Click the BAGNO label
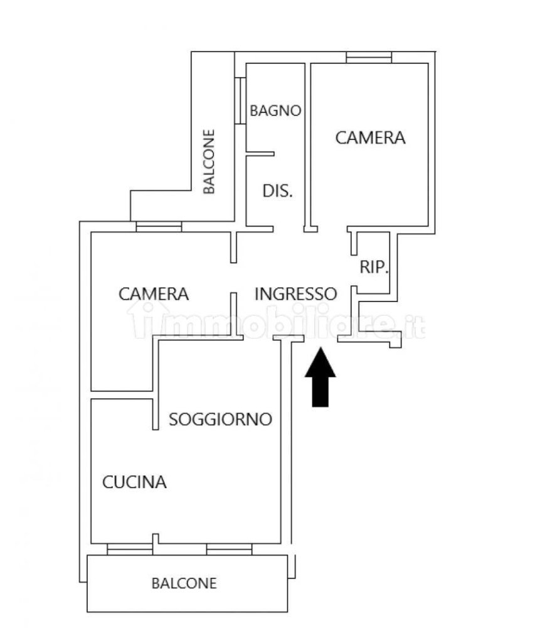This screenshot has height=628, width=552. click(275, 111)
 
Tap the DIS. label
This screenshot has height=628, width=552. click(277, 191)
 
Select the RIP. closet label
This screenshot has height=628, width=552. click(374, 268)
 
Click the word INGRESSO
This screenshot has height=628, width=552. click(296, 293)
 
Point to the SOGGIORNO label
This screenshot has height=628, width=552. click(221, 419)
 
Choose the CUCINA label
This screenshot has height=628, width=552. click(134, 482)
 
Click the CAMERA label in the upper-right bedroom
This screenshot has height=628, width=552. click(370, 138)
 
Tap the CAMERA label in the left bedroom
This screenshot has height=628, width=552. click(154, 293)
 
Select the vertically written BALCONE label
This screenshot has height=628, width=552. click(209, 161)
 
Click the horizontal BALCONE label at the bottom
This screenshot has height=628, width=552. click(184, 583)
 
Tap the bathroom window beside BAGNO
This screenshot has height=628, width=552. click(240, 100)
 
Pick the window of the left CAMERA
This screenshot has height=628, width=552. click(159, 227)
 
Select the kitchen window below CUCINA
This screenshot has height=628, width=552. click(130, 549)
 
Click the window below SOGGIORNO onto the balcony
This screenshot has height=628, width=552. click(229, 549)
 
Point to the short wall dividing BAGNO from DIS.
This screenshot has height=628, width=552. click(260, 153)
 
